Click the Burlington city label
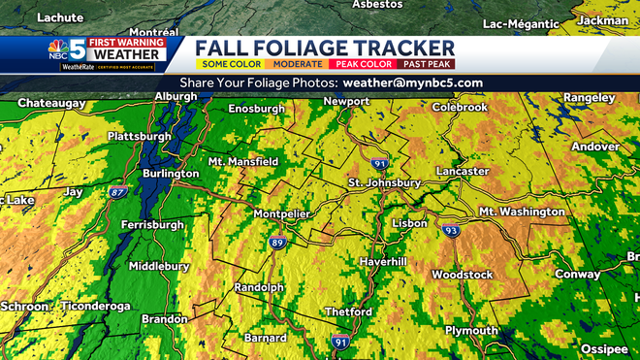(x=174, y=173)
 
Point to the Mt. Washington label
(x=522, y=212)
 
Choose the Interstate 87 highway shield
(x=118, y=193)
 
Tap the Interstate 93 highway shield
(x=450, y=231)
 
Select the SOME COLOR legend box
(x=226, y=63)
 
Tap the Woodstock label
(x=463, y=275)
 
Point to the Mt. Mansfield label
(x=243, y=161)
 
